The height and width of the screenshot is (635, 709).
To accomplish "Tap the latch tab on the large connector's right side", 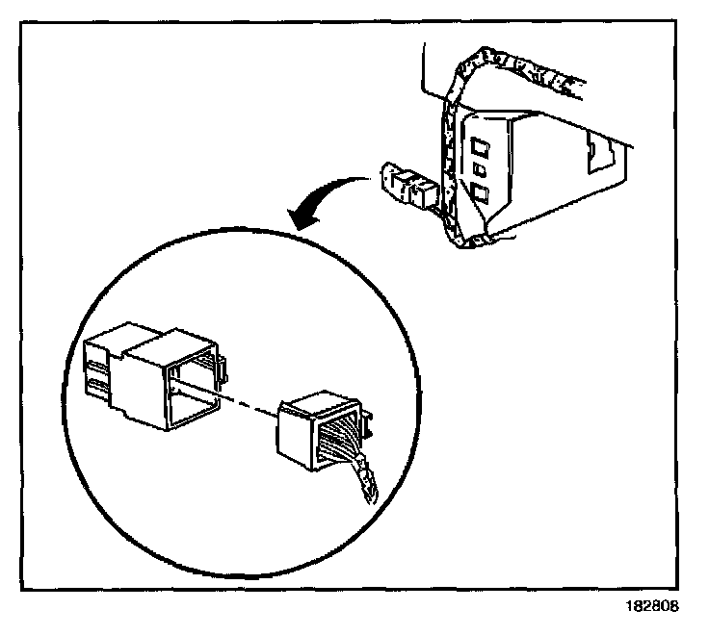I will click(x=221, y=367).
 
